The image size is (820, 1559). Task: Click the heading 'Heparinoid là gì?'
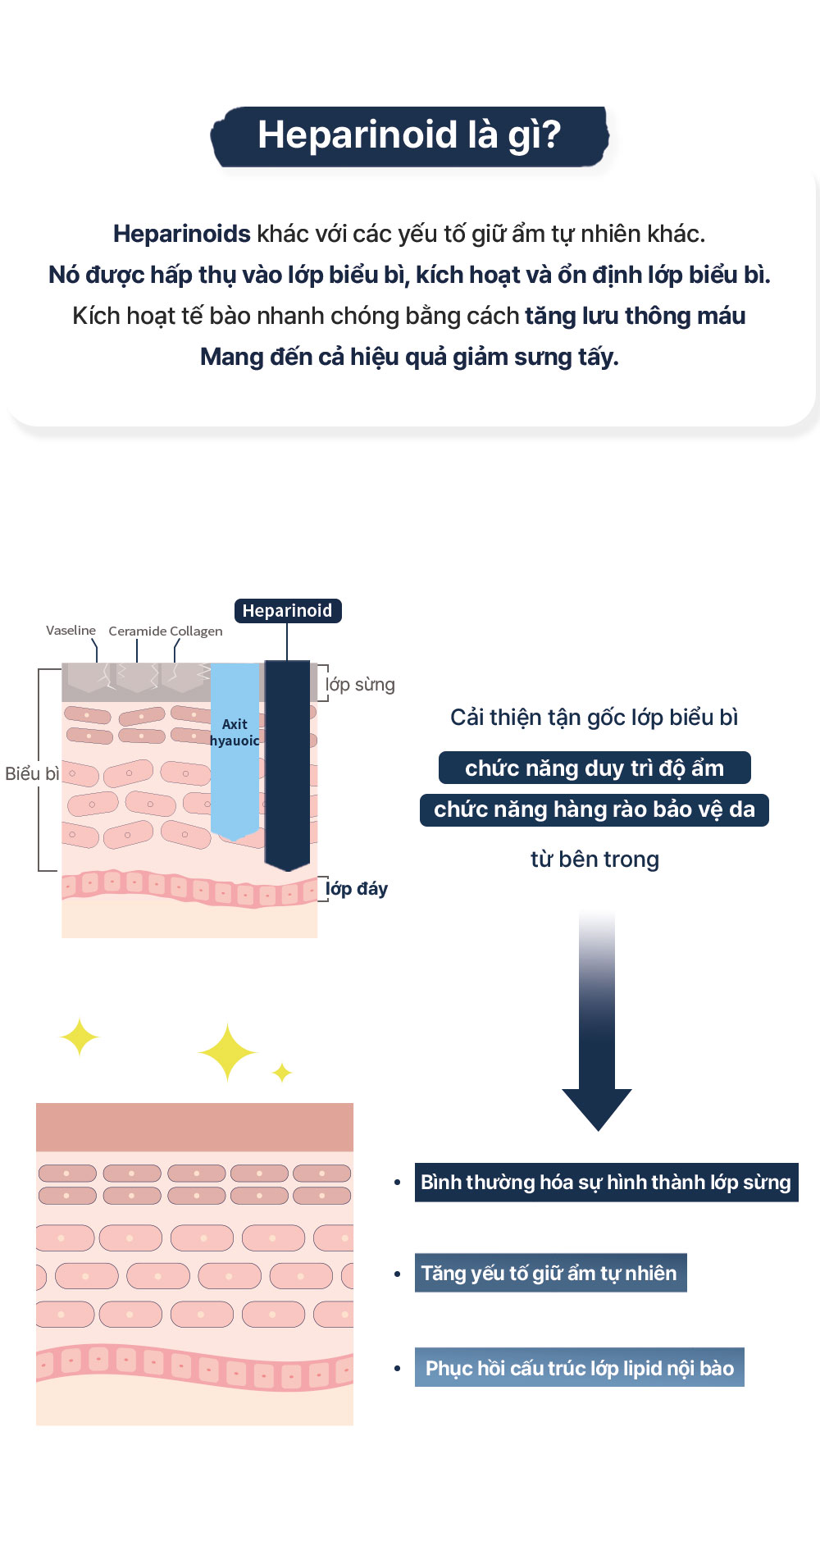click(x=409, y=135)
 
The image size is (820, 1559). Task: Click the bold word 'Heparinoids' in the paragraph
click(x=182, y=234)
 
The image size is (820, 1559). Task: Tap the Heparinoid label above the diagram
click(x=287, y=611)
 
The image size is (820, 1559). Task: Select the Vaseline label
click(x=71, y=631)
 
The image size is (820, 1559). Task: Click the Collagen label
click(x=197, y=631)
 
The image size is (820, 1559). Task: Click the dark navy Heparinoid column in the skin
click(x=287, y=763)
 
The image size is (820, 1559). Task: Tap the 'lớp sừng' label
click(x=360, y=685)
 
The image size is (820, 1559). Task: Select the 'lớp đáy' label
click(x=357, y=889)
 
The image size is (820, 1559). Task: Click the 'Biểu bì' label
click(x=32, y=774)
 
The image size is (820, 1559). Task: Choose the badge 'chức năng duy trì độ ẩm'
click(x=594, y=768)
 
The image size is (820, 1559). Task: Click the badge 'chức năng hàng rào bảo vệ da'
click(x=594, y=810)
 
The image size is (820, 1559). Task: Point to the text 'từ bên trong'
click(x=594, y=859)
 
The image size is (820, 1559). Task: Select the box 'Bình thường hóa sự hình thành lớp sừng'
click(x=606, y=1183)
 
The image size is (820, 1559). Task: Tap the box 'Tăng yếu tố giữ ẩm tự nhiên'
click(x=549, y=1274)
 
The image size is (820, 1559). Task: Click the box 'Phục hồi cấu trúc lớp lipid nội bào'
click(x=579, y=1368)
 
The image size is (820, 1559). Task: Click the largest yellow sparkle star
click(x=227, y=1051)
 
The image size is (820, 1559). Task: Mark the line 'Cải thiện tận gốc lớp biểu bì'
click(x=594, y=718)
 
